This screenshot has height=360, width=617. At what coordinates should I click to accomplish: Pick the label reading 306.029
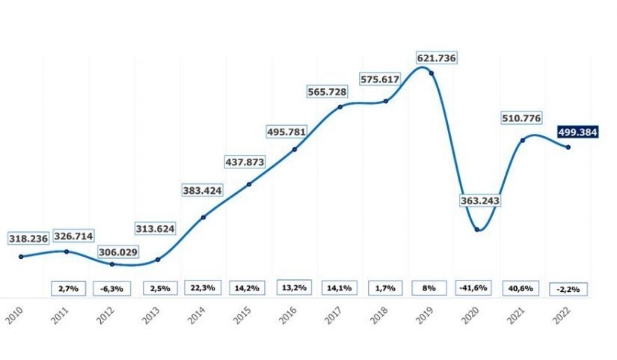[117, 252]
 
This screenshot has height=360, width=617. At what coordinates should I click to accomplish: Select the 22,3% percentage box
[203, 287]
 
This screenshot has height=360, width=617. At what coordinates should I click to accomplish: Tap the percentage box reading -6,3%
[112, 287]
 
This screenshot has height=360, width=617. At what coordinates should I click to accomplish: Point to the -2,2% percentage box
[568, 288]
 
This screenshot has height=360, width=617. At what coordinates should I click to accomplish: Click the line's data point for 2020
[477, 230]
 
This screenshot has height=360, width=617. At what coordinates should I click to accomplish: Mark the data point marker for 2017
[340, 107]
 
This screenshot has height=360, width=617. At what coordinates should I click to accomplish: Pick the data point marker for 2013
[158, 260]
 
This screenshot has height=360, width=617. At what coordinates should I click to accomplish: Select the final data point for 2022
[568, 147]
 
